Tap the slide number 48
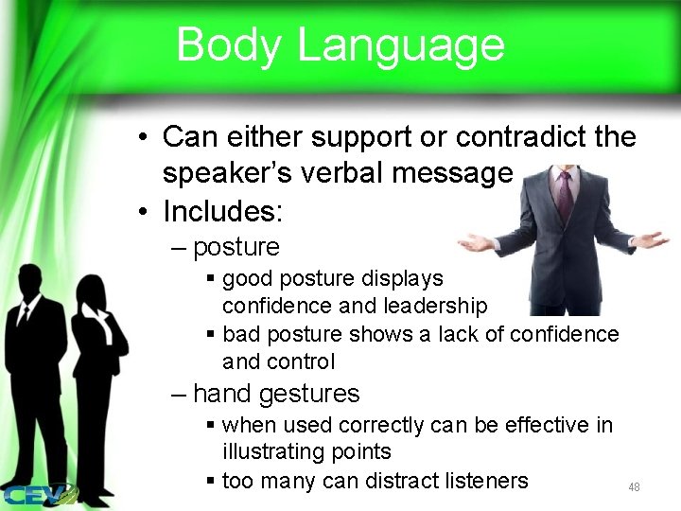(634, 486)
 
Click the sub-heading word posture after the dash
(236, 248)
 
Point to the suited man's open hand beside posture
(477, 242)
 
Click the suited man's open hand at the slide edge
(651, 239)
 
